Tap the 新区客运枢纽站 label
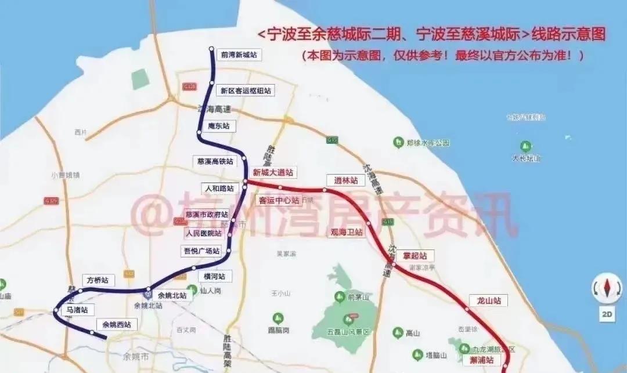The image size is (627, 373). (x=245, y=90)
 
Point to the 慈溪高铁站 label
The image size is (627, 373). (x=215, y=161)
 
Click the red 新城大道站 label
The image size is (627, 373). (x=272, y=172)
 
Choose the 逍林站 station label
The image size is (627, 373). (x=345, y=180)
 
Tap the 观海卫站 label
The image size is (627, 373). (x=346, y=232)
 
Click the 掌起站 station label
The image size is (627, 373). (x=415, y=256)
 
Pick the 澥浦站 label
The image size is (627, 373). (x=482, y=360)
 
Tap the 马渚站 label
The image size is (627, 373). (x=77, y=310)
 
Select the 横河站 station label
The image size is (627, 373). (x=214, y=276)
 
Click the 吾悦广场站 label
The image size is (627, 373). (x=201, y=251)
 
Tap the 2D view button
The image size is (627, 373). (x=607, y=314)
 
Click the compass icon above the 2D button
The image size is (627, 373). (x=607, y=288)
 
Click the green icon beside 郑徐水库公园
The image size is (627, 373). (x=398, y=142)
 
